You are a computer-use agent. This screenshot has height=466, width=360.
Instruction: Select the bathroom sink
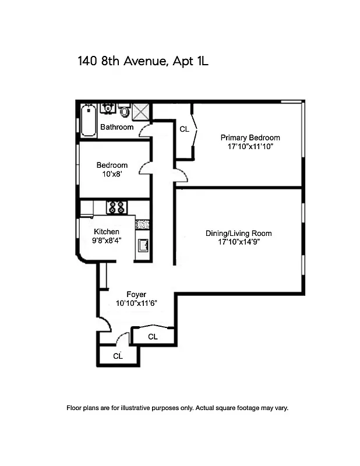pos(108,108)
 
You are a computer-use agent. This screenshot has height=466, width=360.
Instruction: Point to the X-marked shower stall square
pos(142,111)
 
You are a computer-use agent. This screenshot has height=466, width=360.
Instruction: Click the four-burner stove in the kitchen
pos(115,207)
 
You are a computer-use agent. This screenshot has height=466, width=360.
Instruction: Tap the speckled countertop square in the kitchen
pos(143,224)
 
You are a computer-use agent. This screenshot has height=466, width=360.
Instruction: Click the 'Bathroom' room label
pos(117,127)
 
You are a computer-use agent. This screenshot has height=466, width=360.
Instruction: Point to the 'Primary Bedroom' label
pos(250,138)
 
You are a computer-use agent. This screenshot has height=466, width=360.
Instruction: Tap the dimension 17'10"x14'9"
pos(238,242)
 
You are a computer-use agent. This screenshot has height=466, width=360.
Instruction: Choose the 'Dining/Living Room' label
pos(238,234)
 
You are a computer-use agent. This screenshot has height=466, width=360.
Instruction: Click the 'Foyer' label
pos(136,294)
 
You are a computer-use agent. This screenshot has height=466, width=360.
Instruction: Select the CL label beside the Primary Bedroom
pos(184,129)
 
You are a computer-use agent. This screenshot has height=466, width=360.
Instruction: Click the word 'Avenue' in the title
pos(143,61)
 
